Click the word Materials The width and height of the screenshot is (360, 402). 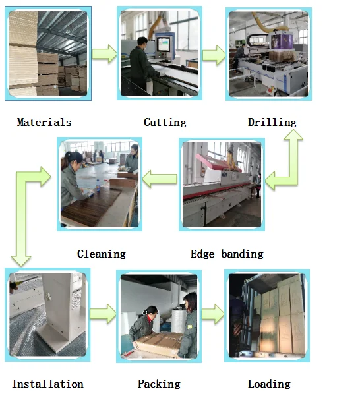44,123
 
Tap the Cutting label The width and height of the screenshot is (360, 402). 165,123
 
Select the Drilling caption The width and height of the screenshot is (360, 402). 272,123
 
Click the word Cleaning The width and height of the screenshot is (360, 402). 102,254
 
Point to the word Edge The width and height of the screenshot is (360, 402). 202,254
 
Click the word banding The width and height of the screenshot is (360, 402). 242,254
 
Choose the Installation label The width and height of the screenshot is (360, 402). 47,384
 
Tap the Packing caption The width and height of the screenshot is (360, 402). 159,384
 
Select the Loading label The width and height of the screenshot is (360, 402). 269,384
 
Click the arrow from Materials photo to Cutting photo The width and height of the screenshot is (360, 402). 104,53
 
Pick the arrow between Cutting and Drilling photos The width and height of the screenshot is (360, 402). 214,55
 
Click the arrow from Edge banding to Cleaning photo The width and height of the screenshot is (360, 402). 160,179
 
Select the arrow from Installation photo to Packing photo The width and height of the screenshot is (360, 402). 103,314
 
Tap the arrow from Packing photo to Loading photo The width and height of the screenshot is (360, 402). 213,314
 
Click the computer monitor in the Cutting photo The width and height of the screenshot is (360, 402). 164,44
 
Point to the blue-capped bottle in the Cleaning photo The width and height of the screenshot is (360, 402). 98,186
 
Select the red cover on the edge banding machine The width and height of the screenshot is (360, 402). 218,161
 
